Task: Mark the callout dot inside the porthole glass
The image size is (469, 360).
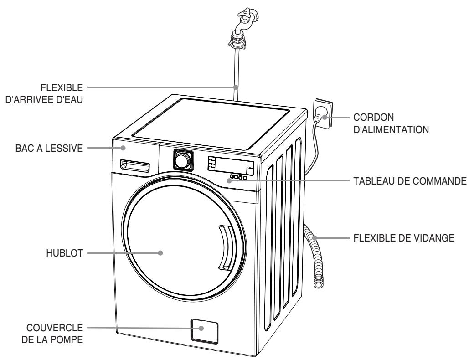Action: pos(161,253)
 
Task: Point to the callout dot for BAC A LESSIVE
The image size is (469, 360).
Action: pos(124,148)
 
